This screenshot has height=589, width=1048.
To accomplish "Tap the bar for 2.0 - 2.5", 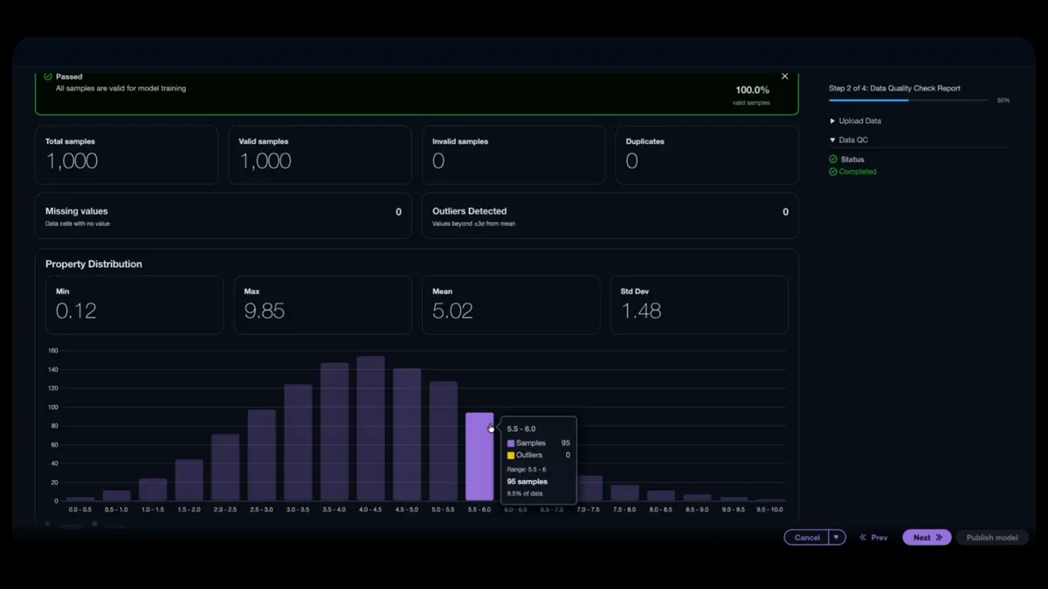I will (225, 467).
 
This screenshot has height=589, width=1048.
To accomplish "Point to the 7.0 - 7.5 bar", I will (591, 488).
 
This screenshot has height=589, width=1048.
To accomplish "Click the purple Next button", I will (926, 538).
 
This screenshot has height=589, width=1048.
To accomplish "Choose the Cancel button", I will (807, 538).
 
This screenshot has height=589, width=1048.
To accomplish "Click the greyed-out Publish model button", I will (991, 538).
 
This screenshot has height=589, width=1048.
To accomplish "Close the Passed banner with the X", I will (784, 77).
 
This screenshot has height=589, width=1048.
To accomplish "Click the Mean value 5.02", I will (452, 311).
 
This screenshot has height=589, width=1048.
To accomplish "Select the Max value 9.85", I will (265, 311).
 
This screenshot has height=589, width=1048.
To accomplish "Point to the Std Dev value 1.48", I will (641, 311).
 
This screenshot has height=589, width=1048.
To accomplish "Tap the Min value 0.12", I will (76, 311).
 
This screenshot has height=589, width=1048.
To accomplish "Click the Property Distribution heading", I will (93, 264).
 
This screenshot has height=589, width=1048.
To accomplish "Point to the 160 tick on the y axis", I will (52, 351).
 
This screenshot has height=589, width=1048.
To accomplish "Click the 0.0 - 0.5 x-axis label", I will (80, 510).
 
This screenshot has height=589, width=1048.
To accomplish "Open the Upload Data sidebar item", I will (859, 121).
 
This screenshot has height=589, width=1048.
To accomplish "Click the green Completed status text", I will (858, 172).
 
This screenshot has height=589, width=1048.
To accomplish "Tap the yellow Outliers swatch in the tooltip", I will (511, 455).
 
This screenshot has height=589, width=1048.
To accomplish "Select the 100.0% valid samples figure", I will (752, 90).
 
